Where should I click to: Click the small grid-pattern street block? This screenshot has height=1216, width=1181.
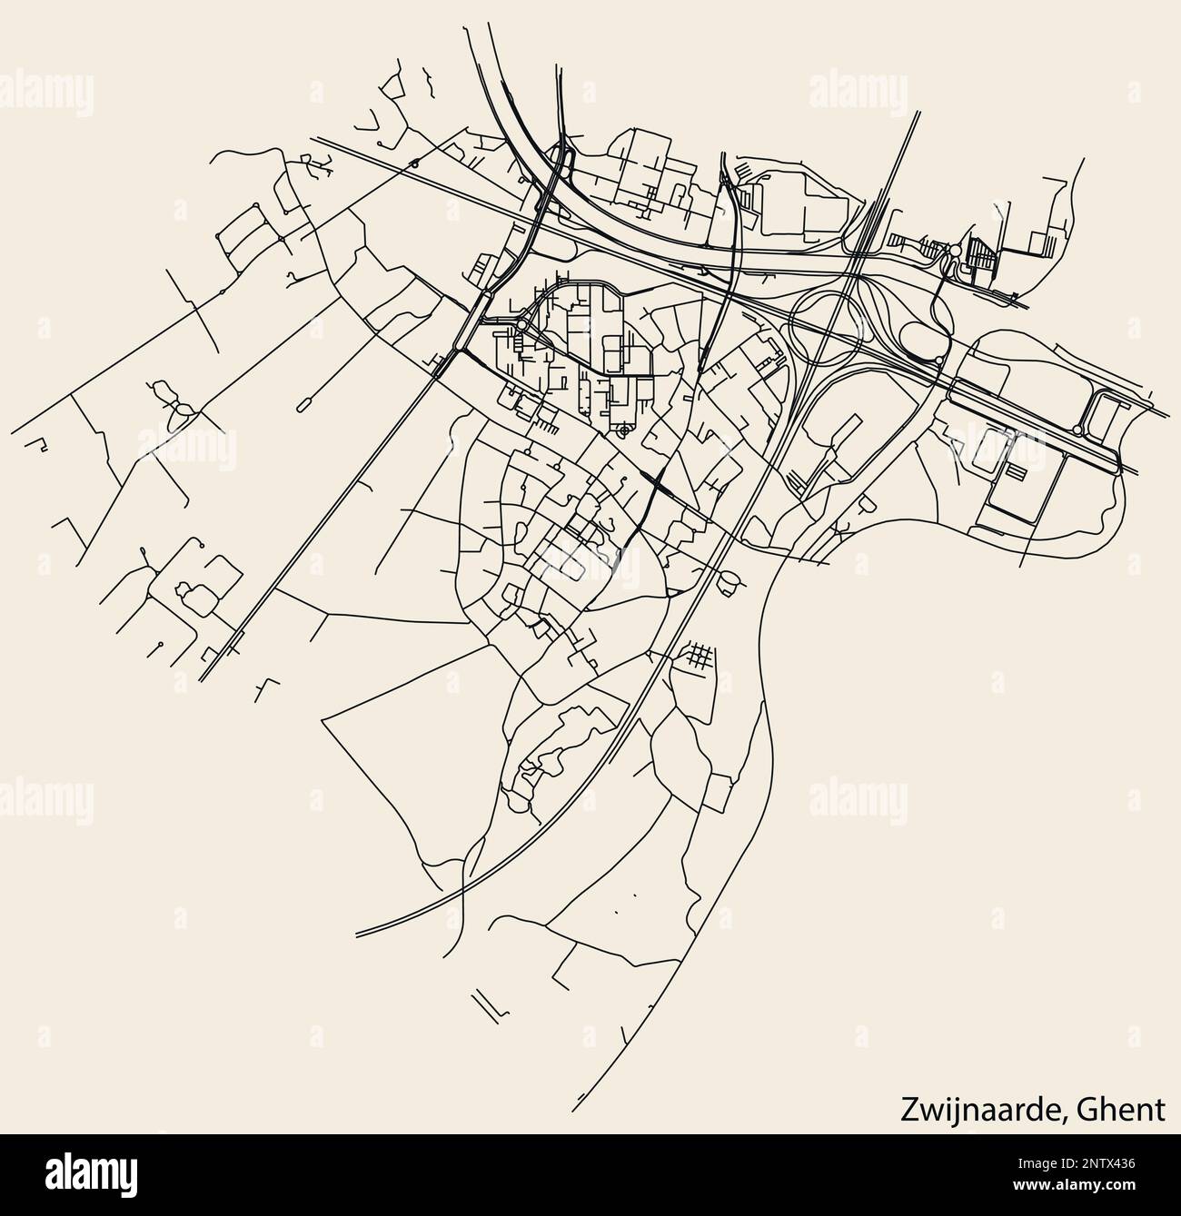pyautogui.click(x=697, y=657)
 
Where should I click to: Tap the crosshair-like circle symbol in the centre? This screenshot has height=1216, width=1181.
pyautogui.click(x=622, y=433)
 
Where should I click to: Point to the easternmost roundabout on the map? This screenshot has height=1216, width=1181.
pyautogui.click(x=1077, y=430)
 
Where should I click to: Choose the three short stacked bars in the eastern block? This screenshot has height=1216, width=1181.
pyautogui.click(x=1014, y=470)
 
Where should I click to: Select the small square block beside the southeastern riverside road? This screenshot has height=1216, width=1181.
pyautogui.click(x=719, y=792)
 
